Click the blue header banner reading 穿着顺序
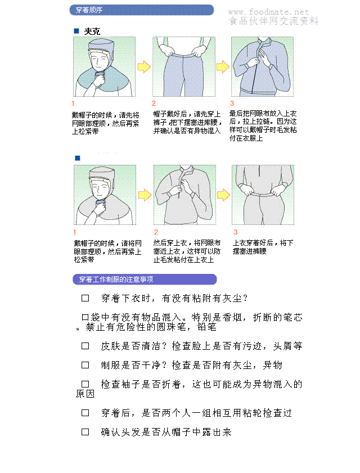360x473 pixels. [142, 10]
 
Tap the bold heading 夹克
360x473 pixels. [92, 31]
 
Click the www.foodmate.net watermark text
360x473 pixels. [268, 12]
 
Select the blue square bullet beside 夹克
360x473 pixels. [76, 31]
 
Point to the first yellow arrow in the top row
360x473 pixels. [144, 67]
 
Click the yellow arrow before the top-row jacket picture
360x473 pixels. [223, 67]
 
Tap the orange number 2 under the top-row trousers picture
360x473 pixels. [154, 103]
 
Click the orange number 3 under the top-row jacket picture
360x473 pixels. [232, 103]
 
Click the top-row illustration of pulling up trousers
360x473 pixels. [184, 67]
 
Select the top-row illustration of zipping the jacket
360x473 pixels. [262, 67]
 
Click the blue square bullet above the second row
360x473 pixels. [78, 158]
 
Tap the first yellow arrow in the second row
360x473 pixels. [145, 195]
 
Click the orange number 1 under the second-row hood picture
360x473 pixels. [75, 232]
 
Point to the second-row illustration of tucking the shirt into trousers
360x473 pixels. [263, 195]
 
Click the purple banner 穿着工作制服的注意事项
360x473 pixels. [145, 280]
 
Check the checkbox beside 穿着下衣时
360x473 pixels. [85, 298]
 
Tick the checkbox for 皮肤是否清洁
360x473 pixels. [85, 346]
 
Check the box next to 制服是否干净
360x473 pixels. [85, 366]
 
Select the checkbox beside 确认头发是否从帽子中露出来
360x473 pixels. [85, 433]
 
